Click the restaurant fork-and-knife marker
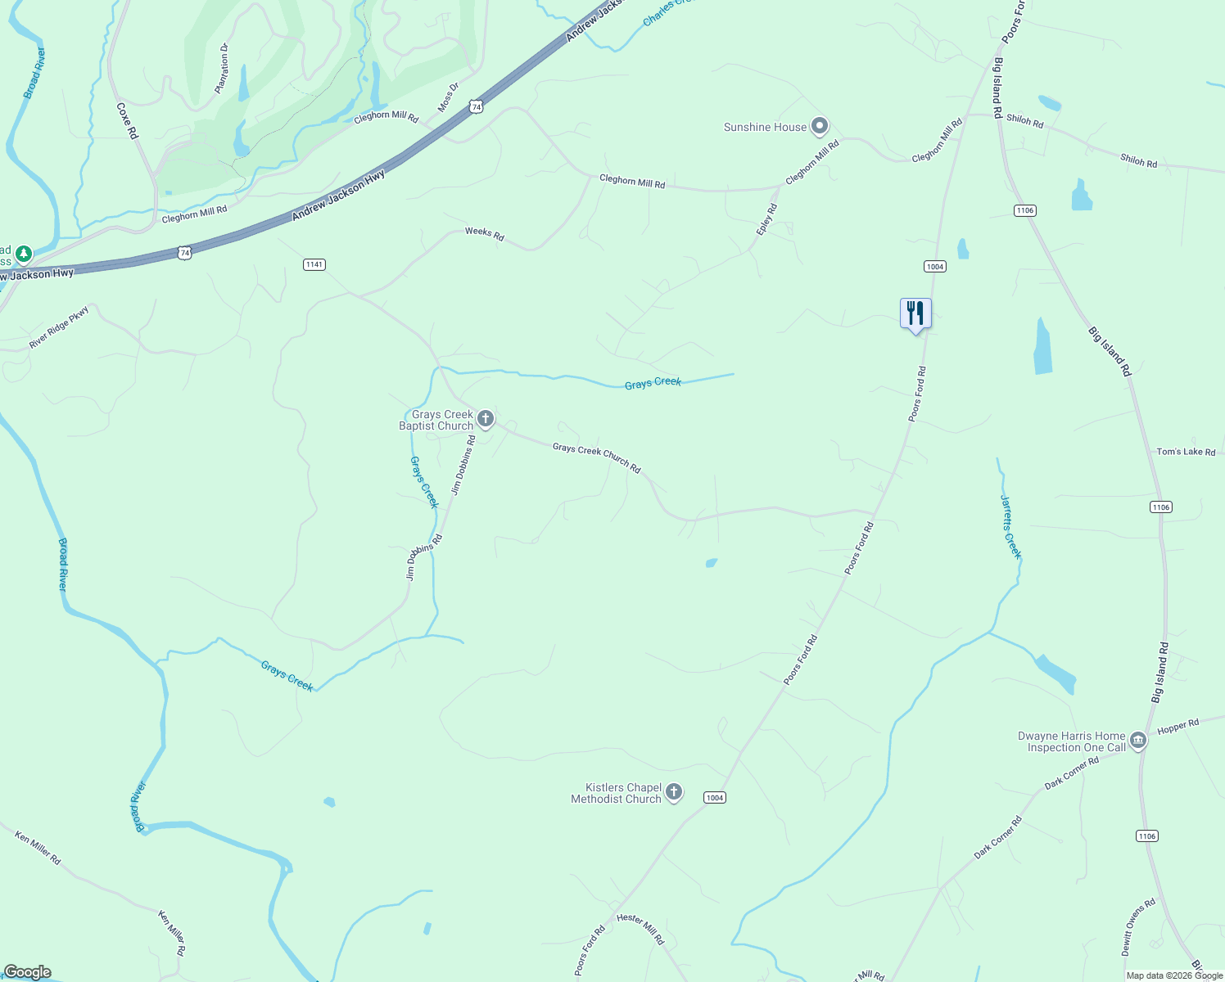(x=915, y=313)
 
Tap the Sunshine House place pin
(x=820, y=126)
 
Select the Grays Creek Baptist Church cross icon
(x=486, y=420)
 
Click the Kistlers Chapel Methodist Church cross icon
(x=674, y=792)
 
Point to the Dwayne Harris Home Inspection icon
(x=1138, y=741)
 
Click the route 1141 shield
(x=314, y=264)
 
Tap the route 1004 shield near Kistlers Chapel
(x=715, y=798)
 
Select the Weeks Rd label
(x=484, y=233)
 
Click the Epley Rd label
(x=766, y=220)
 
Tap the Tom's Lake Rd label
(x=1186, y=452)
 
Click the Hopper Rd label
(x=1178, y=727)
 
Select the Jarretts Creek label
(x=1010, y=526)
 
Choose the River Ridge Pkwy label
(x=59, y=327)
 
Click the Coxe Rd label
(x=127, y=120)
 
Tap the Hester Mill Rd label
(x=640, y=929)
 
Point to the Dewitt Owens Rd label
(x=1138, y=926)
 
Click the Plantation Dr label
(x=221, y=68)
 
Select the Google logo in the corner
(x=27, y=972)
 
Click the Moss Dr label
(x=448, y=97)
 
